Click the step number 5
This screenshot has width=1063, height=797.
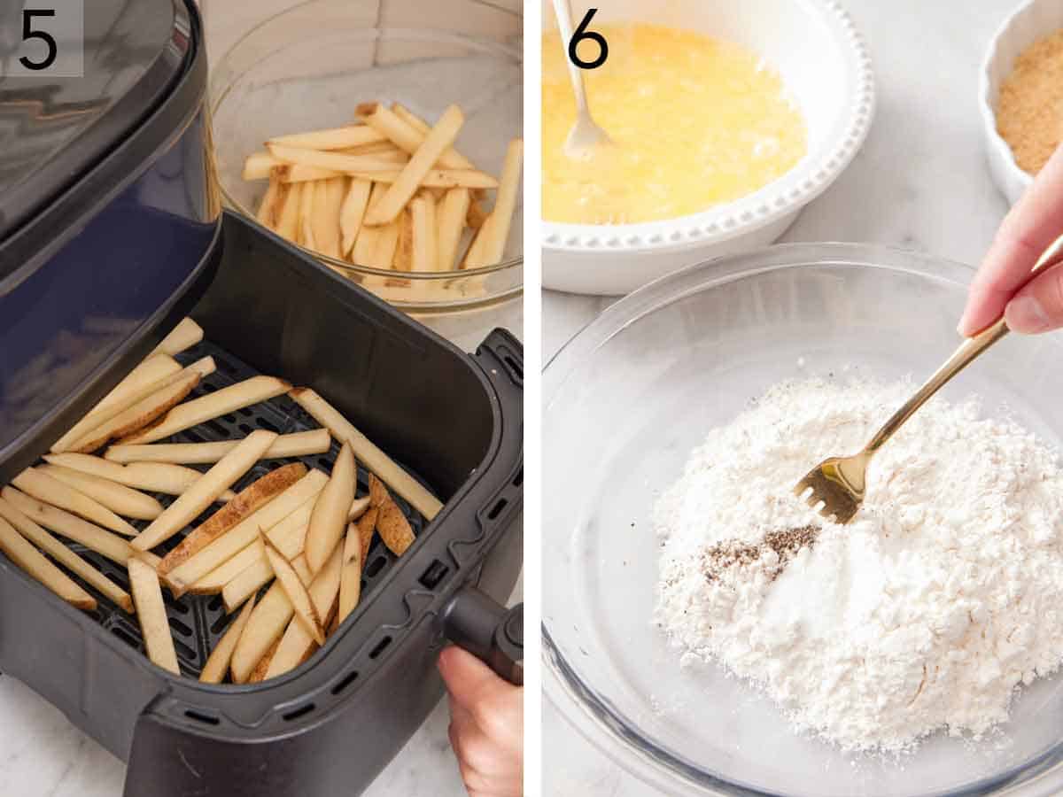click(x=38, y=39)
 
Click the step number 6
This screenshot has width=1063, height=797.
click(x=587, y=39)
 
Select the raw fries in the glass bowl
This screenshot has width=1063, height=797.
click(x=381, y=195)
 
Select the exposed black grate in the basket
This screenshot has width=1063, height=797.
click(x=204, y=620)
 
